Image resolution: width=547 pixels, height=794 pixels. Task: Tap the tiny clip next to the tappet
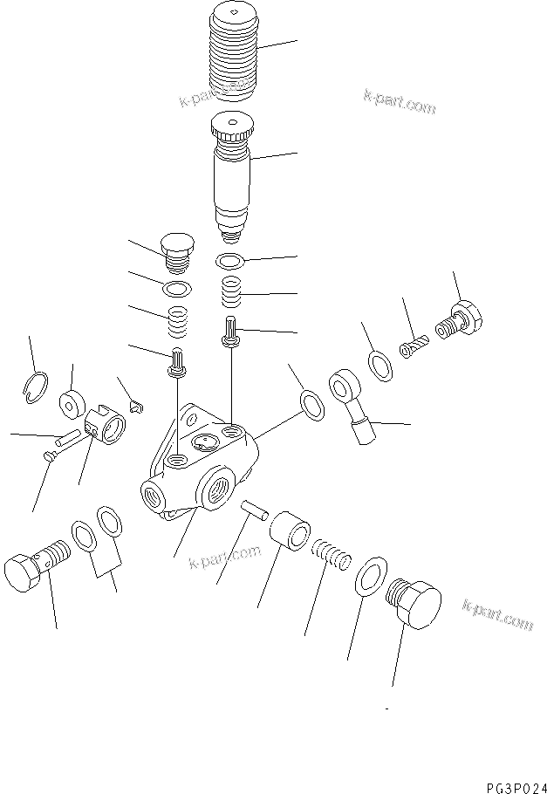134,404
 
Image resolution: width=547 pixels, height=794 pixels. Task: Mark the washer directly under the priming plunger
229,261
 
